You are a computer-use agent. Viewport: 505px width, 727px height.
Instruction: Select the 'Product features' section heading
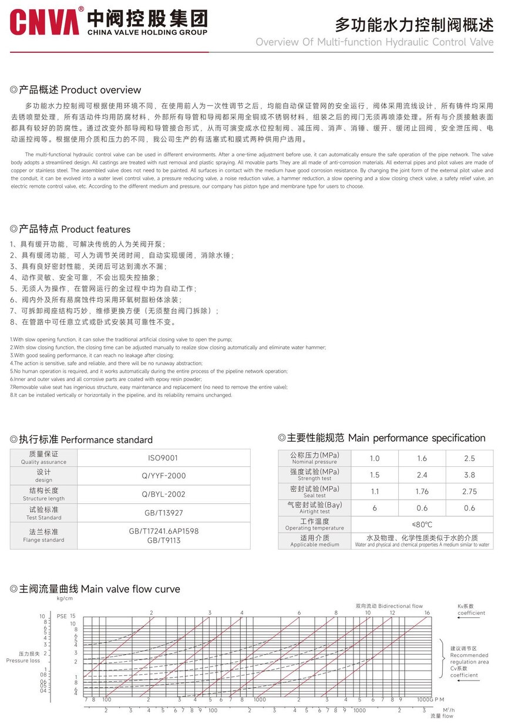tap(71, 229)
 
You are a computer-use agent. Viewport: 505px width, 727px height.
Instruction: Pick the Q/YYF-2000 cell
tap(163, 476)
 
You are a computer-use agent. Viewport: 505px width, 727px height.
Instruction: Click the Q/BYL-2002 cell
tap(163, 494)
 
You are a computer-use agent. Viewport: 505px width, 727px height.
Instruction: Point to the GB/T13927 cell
tap(163, 513)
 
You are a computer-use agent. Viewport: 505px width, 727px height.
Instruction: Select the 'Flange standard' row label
tap(43, 536)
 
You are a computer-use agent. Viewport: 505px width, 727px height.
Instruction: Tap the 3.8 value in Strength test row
tap(469, 475)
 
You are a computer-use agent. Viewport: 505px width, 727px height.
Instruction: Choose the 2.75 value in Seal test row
tap(469, 492)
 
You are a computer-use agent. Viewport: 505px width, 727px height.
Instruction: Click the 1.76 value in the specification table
tap(422, 492)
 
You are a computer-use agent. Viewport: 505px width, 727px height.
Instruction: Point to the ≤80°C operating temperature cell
tap(422, 524)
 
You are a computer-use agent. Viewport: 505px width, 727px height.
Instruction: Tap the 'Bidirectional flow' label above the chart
tap(389, 605)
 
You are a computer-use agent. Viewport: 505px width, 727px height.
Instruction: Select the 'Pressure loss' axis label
tap(23, 657)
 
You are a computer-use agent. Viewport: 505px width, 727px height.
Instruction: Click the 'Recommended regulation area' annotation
tap(469, 658)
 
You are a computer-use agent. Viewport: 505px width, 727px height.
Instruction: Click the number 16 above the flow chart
tap(427, 613)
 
